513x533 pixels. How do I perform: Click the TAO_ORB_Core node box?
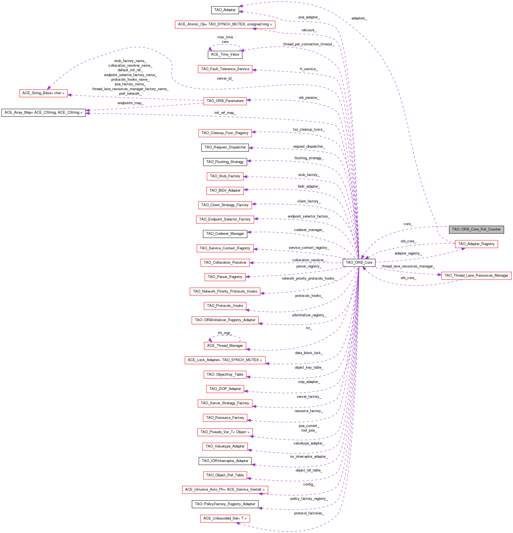[359, 263]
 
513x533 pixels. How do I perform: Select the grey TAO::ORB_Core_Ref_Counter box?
[476, 229]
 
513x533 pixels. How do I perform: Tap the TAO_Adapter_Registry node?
[476, 244]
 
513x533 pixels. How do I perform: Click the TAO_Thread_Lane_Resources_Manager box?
[476, 276]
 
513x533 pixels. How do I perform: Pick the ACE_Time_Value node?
[225, 55]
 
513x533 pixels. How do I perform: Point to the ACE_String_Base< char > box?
[43, 93]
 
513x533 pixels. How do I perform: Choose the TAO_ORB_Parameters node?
[225, 101]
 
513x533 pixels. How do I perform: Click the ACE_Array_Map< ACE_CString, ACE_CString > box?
[43, 113]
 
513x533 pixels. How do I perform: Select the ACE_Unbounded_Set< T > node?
[225, 518]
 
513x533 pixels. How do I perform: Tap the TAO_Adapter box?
[225, 10]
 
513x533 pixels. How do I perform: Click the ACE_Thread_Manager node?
[225, 346]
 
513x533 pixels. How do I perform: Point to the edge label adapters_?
[359, 19]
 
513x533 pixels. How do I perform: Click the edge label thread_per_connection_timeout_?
[309, 44]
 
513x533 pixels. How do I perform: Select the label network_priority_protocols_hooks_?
[309, 279]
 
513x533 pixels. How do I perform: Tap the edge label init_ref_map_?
[225, 113]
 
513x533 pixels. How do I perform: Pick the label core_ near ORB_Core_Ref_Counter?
[408, 224]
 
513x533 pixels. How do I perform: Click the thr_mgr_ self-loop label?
[225, 333]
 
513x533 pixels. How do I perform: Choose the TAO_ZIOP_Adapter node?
[225, 389]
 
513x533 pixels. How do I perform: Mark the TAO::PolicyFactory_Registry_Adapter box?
[225, 504]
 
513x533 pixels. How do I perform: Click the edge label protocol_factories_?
[309, 513]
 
